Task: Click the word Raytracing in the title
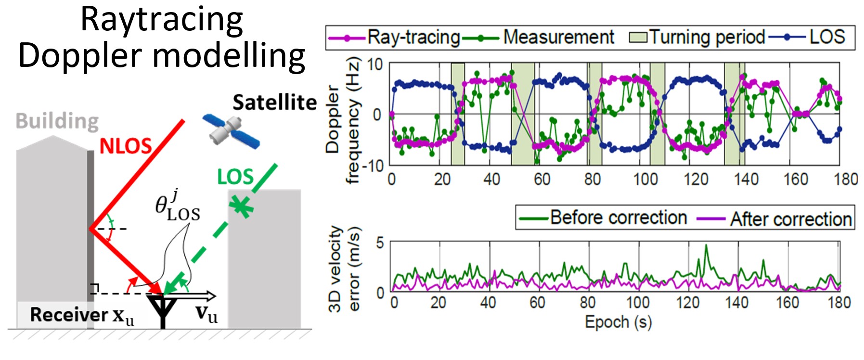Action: (x=161, y=20)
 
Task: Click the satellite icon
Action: (x=231, y=130)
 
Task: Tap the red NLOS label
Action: (x=126, y=146)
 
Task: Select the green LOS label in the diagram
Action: (x=235, y=177)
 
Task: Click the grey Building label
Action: (x=57, y=121)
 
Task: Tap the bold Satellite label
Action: (x=275, y=102)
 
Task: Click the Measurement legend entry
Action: (x=538, y=37)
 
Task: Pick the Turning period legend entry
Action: (x=697, y=37)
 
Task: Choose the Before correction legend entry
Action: (x=603, y=218)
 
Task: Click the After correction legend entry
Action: (x=774, y=219)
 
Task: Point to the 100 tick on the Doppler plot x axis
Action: (x=645, y=180)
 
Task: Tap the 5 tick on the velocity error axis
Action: (x=380, y=243)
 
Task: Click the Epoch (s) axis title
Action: (x=618, y=322)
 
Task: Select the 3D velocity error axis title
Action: (x=344, y=269)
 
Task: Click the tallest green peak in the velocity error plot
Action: (x=706, y=245)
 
